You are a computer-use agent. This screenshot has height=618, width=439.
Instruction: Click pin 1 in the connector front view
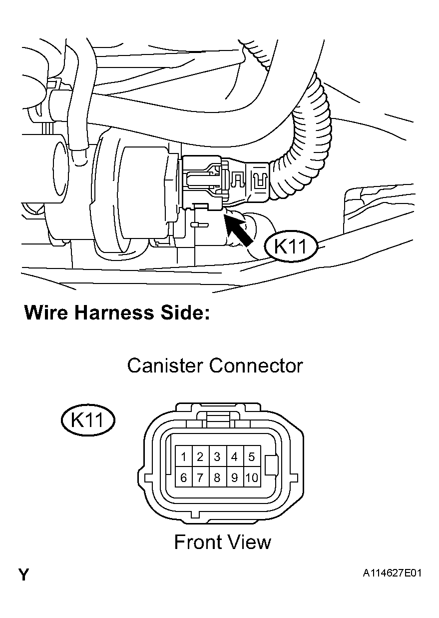[184, 457]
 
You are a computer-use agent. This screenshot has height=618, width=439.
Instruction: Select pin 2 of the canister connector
[200, 457]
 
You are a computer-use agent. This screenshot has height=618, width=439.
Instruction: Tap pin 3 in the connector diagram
[217, 457]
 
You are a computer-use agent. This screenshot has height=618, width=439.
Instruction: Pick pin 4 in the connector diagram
[234, 457]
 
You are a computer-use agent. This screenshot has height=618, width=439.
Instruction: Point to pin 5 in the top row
[251, 457]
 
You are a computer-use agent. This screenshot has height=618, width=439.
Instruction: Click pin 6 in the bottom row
[184, 478]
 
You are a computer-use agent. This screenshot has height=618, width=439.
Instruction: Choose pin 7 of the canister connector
[200, 478]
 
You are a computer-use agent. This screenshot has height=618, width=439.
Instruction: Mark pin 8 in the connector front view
[217, 478]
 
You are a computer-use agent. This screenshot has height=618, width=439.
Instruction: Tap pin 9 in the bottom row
[234, 478]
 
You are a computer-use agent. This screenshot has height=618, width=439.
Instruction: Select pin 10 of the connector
[251, 478]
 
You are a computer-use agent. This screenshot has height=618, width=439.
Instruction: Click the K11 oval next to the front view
[87, 420]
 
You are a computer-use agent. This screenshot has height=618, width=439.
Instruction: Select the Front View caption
[222, 542]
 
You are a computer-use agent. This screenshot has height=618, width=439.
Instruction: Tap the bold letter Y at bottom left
[23, 574]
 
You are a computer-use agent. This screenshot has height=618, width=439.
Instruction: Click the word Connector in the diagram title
[256, 365]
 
